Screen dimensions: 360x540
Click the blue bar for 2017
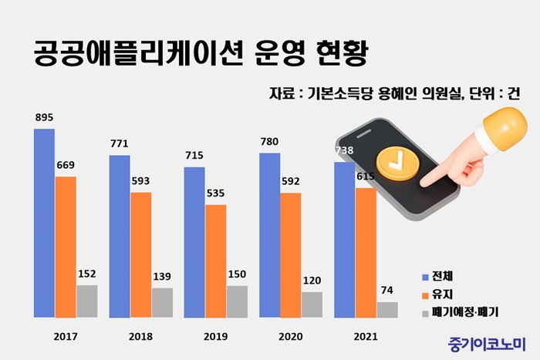pos(44,223)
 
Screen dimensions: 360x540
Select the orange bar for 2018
pos(141,254)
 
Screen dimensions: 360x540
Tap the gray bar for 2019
pos(237,301)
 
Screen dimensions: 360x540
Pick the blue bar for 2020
pos(269,235)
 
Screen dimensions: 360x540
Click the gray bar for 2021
pos(387,309)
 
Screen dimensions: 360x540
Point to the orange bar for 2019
pos(216,261)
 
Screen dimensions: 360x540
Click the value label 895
pos(44,117)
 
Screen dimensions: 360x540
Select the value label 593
pos(141,181)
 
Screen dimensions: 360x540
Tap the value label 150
pos(237,274)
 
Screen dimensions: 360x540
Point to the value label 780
pos(269,142)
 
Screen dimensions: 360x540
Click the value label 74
pos(387,291)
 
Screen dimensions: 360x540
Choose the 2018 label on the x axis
pos(141,337)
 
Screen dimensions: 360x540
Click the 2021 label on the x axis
pos(366,337)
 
